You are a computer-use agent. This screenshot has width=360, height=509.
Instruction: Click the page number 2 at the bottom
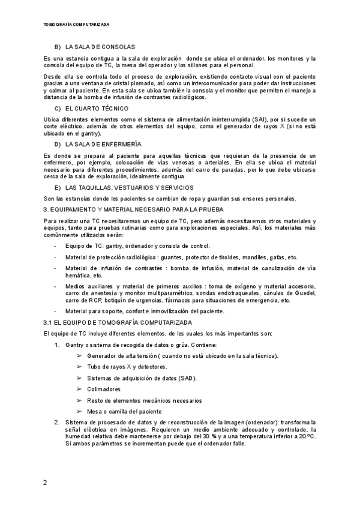pos(45,482)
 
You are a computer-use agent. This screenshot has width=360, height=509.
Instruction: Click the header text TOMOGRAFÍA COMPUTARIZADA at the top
pos(77,25)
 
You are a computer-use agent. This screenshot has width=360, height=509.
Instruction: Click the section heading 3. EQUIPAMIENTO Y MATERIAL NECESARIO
pos(133,209)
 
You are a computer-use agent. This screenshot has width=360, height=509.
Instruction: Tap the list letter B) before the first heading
pos(58,47)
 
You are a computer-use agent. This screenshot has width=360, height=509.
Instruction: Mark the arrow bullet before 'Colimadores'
pos(80,389)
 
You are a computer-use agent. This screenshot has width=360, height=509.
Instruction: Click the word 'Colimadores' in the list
pos(104,389)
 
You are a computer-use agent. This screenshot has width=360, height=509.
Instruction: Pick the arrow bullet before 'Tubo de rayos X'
pos(80,367)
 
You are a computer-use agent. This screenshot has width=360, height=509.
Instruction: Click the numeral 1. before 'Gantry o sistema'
pos(57,345)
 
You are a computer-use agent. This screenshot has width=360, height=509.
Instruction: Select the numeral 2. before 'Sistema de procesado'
pos(57,423)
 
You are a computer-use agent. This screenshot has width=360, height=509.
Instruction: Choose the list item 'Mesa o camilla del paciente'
pos(124,412)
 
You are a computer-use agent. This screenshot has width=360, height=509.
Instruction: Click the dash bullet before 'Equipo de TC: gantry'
pos(55,246)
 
